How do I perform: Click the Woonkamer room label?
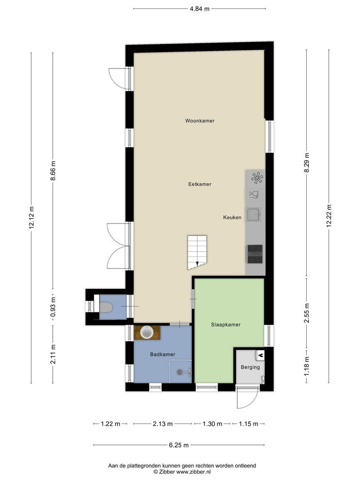click(x=200, y=120)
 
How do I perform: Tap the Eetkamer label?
click(x=200, y=184)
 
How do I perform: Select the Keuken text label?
click(x=232, y=217)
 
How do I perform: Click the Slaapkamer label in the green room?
click(x=225, y=324)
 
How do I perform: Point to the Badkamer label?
click(x=162, y=354)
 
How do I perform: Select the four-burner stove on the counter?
click(x=255, y=254)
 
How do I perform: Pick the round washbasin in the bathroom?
click(x=146, y=332)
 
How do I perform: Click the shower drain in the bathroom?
click(x=180, y=372)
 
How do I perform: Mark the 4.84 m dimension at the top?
click(x=200, y=8)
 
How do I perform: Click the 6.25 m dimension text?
click(x=179, y=445)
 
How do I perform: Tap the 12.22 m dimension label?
click(x=329, y=216)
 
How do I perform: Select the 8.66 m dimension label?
click(x=53, y=170)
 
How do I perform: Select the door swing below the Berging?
click(x=247, y=398)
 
